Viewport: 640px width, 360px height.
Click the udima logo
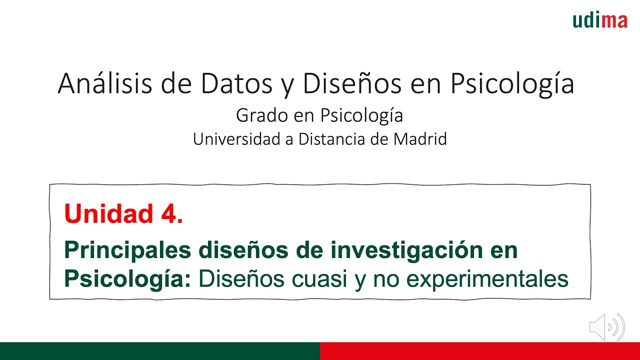[x=599, y=20]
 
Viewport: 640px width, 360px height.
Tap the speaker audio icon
[x=607, y=327]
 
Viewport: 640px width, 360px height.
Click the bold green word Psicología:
[x=128, y=279]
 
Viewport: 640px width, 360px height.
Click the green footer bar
[x=160, y=351]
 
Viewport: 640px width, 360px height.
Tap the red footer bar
[x=480, y=351]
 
